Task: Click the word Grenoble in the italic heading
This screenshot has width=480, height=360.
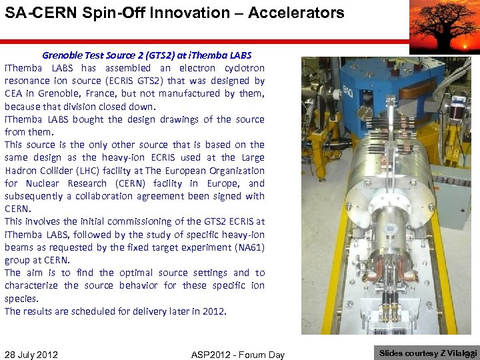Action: coord(64,55)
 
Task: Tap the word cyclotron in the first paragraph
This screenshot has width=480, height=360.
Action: coord(241,68)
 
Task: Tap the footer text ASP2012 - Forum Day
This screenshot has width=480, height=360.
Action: coord(237,355)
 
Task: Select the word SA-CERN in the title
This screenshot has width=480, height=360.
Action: coord(34,12)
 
